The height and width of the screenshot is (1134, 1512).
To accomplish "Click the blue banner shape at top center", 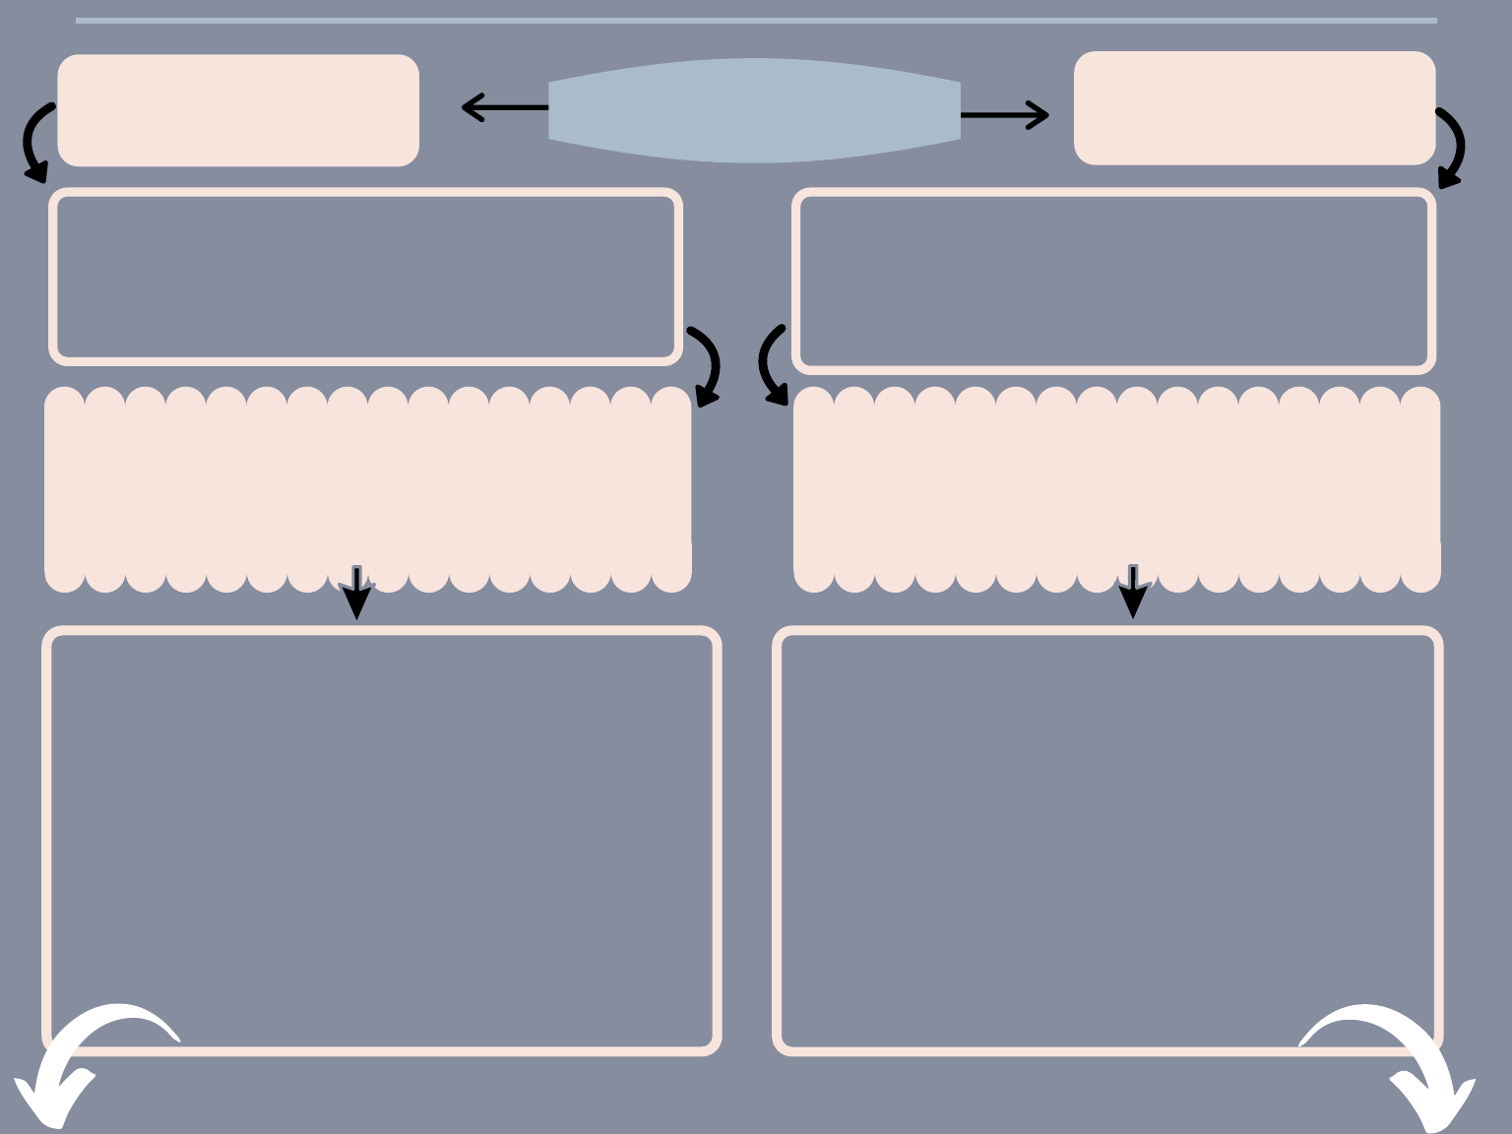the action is (754, 110).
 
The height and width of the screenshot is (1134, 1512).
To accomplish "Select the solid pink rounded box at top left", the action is (238, 110).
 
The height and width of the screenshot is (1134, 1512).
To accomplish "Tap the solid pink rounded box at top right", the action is (1254, 108).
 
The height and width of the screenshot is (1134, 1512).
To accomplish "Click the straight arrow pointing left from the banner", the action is (503, 106).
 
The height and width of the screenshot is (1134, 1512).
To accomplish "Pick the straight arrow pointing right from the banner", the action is (1004, 115).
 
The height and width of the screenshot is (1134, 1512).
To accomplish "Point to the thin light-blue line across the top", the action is (756, 20).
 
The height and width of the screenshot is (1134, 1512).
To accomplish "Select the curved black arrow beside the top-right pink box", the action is (1454, 148).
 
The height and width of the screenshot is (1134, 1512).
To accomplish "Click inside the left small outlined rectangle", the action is (365, 277).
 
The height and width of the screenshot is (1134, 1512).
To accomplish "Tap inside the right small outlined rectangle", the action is (1113, 281).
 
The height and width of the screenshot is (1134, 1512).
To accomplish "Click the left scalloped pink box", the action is (367, 489).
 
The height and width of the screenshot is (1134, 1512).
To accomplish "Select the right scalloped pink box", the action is (1116, 489).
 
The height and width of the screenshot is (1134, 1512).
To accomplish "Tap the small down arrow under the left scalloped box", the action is (356, 594).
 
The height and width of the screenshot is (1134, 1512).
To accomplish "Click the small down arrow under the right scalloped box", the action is (1133, 593).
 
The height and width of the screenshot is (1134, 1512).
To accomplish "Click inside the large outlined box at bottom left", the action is (382, 840).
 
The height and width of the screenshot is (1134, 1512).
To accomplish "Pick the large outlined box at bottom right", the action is (1107, 840).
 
